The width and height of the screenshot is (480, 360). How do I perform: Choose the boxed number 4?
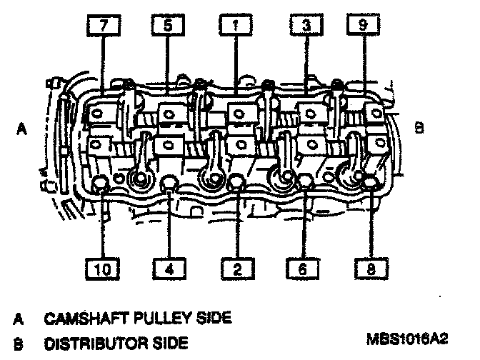point(169,269)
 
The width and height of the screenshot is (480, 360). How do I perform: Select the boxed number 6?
point(304,269)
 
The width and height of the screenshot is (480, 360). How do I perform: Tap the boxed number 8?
point(370,269)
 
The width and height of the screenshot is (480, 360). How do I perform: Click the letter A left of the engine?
point(22,129)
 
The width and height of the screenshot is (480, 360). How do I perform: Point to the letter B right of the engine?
point(419,127)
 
